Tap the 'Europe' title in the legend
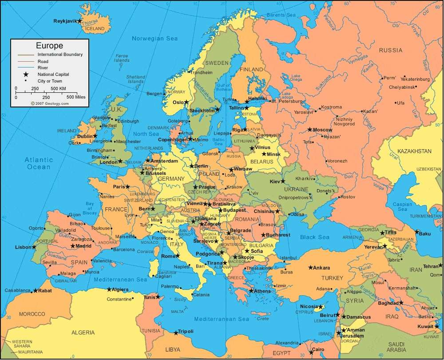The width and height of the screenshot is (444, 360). tap(49, 46)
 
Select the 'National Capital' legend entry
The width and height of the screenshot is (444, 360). tap(53, 74)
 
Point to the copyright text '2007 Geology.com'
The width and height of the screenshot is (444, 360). tap(50, 103)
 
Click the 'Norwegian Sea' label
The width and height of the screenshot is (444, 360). tap(155, 39)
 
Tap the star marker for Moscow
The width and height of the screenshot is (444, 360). tap(310, 130)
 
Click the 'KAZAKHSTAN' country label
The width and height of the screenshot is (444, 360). tap(414, 151)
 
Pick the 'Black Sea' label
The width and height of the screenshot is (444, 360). tap(314, 237)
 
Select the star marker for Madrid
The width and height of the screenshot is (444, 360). tap(72, 246)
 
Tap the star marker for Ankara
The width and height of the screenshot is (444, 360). tap(310, 268)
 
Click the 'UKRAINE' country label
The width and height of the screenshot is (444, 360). tap(293, 189)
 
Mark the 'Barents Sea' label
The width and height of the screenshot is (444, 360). tap(281, 15)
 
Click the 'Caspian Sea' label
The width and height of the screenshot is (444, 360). tap(402, 206)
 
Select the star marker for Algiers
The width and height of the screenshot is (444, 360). tap(109, 289)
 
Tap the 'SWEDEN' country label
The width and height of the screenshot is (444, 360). tap(217, 63)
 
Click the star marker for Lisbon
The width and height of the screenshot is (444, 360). tap(34, 247)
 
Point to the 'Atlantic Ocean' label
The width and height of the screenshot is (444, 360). tap(39, 163)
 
